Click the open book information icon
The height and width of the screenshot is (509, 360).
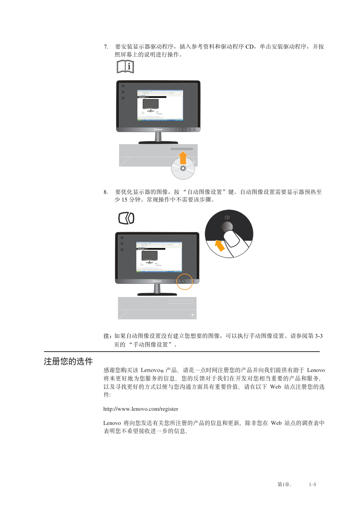point(125,67)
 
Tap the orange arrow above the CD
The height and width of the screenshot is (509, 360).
point(183,158)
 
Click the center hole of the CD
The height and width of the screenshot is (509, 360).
point(183,168)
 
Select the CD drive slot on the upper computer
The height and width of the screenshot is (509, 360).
point(182,149)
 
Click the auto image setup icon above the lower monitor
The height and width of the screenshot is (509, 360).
point(127,218)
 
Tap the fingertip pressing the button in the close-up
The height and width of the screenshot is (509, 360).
point(232,239)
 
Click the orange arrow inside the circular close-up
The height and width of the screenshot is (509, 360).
point(220,246)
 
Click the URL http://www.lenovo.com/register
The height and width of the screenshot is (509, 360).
point(141,409)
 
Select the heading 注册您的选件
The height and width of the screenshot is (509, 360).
point(68,361)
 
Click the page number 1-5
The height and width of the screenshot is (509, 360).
point(312,484)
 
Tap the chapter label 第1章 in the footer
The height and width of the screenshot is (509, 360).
point(284,484)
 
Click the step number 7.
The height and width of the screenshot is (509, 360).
point(106,47)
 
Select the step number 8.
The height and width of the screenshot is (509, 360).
point(106,192)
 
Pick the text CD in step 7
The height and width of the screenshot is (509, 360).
point(249,47)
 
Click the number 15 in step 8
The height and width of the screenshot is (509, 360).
point(124,200)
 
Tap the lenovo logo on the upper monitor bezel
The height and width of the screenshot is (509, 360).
point(158,129)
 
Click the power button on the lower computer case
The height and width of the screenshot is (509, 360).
point(193,315)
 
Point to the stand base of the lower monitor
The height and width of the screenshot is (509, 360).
point(157,294)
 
